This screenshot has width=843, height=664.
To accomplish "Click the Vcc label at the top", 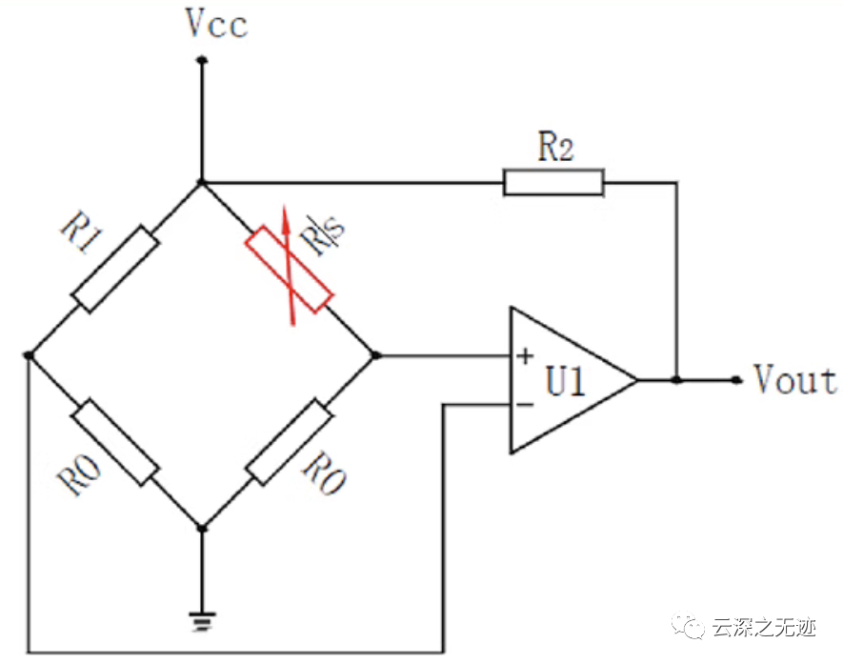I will coord(217,24).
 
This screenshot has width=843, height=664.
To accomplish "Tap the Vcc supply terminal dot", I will coord(201,60).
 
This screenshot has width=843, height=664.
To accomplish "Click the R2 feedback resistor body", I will coord(553,182).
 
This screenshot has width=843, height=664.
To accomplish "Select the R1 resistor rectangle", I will coord(115,269).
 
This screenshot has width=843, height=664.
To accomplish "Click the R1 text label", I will coord(85,234).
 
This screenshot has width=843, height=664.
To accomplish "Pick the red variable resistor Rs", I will coord(290,270).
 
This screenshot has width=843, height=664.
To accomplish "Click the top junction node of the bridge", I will coord(201,181).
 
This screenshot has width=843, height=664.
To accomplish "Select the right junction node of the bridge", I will coord(375,355).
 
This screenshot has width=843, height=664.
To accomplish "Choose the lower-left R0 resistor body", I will coord(116,442).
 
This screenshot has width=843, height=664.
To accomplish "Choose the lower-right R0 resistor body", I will coord(289,443).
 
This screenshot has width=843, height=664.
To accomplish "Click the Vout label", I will coord(794,380).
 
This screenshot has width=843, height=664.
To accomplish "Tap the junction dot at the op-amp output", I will coord(676,380).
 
